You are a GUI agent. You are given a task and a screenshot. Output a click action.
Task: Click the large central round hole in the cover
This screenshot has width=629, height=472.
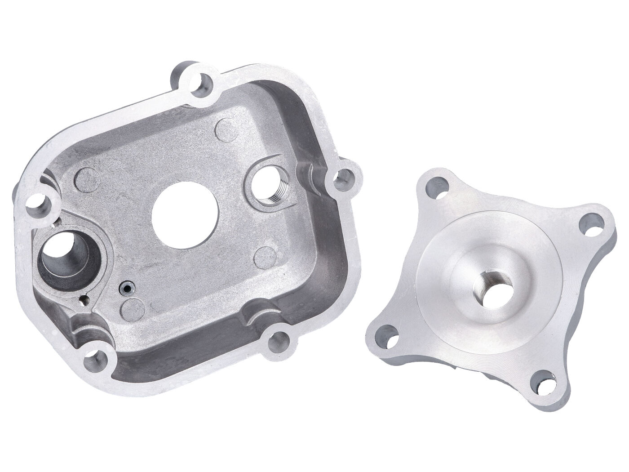tap(186, 215)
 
